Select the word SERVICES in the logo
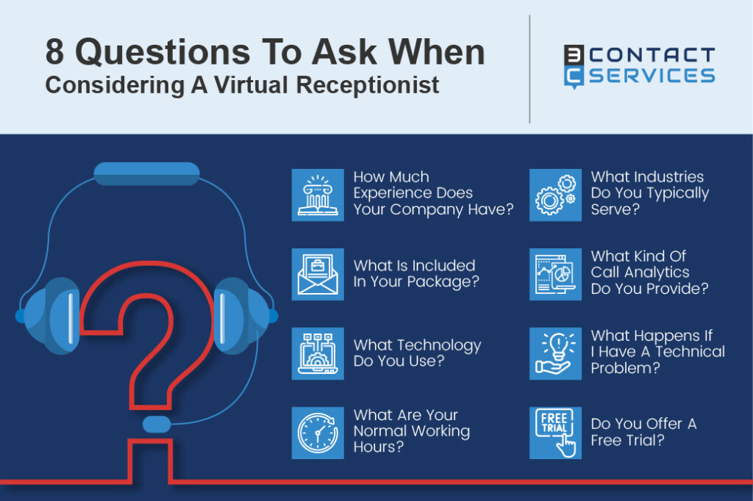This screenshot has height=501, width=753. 652,76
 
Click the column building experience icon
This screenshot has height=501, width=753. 318,195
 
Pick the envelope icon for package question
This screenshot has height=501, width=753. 318,274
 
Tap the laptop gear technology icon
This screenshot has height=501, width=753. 318,353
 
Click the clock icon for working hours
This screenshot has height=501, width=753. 318,433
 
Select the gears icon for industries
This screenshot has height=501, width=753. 555,195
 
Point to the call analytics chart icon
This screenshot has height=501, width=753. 555,274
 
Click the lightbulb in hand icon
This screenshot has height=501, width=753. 555,353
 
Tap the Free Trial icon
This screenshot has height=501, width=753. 555,433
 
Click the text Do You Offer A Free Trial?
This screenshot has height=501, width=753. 643,432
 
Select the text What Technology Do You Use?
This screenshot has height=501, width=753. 417,353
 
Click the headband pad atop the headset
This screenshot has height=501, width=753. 146,174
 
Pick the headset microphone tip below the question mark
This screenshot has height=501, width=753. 157,425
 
